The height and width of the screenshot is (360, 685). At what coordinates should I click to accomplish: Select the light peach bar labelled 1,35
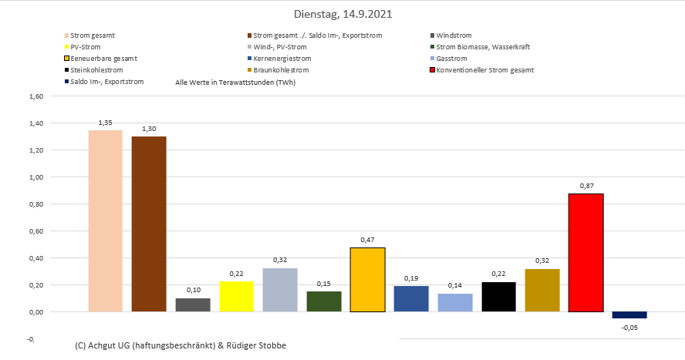(x=106, y=220)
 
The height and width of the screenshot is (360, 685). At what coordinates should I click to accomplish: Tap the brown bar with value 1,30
(x=149, y=224)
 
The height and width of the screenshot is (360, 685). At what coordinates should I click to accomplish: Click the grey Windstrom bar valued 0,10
(x=193, y=304)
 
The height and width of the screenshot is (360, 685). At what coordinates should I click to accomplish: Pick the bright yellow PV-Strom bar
(x=236, y=297)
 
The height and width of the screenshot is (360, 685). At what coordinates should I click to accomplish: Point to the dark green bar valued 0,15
(x=324, y=301)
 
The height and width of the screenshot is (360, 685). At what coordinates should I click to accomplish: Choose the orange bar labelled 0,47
(x=367, y=280)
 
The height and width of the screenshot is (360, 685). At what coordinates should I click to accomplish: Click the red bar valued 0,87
(x=585, y=253)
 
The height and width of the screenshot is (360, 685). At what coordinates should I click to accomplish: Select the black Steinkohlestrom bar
(x=498, y=297)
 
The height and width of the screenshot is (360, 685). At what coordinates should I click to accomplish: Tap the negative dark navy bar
(x=629, y=315)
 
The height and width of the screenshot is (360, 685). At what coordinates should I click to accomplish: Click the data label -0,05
(x=629, y=328)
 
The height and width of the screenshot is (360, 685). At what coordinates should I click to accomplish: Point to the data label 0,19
(x=411, y=278)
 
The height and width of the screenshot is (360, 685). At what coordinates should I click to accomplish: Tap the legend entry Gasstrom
(x=451, y=59)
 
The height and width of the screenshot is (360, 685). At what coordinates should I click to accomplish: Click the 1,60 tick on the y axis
(x=36, y=96)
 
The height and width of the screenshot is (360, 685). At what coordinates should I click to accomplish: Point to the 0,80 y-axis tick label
(x=36, y=204)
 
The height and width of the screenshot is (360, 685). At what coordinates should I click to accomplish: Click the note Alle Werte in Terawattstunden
(x=235, y=82)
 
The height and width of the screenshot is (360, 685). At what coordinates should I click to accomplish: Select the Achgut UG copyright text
(x=181, y=345)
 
